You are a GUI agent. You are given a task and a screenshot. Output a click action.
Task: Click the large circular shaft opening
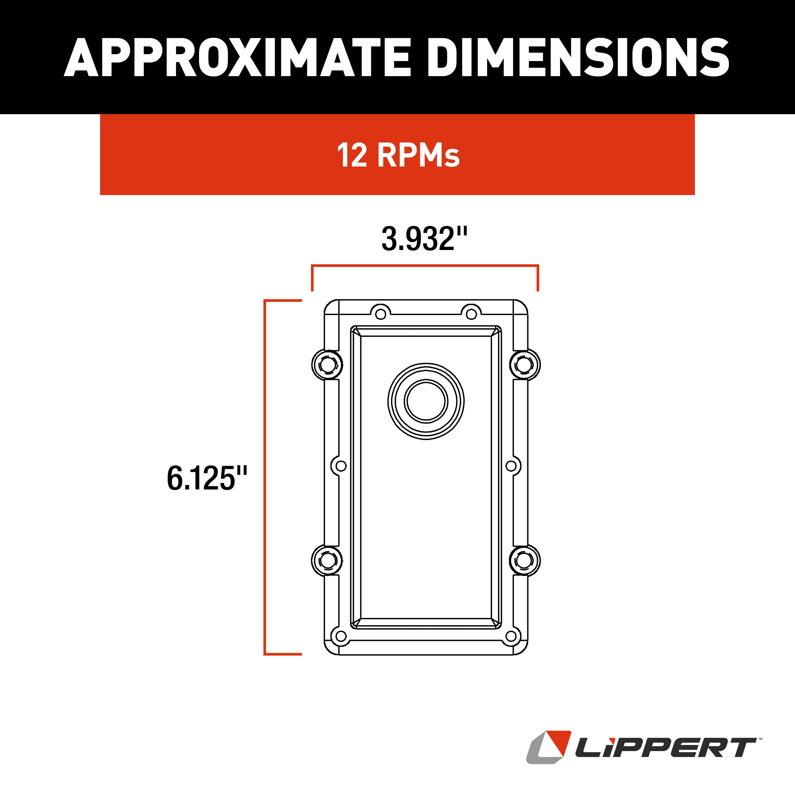click(426, 401)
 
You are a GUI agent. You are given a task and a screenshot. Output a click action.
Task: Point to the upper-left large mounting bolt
click(327, 364)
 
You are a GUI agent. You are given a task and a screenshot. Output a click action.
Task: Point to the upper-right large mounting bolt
click(525, 364)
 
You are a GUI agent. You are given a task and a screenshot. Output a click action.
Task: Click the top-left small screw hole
click(381, 314)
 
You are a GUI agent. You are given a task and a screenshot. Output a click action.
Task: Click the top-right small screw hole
click(471, 314)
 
